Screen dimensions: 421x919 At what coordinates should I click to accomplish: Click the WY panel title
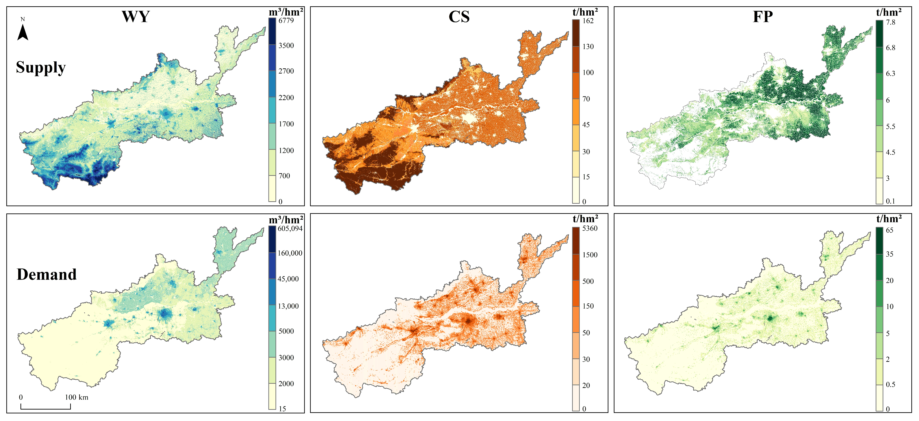tap(136, 17)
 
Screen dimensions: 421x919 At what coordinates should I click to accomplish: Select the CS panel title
tap(459, 17)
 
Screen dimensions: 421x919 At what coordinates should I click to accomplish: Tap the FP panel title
tap(762, 17)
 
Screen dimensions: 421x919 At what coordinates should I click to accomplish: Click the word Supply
tap(41, 67)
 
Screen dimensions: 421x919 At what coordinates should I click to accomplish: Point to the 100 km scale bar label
tap(76, 397)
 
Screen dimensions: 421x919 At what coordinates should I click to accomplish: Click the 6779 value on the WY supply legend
tap(286, 21)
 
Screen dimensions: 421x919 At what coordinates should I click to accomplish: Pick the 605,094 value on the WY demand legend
tap(290, 228)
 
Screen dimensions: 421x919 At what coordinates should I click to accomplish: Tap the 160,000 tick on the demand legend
tap(290, 253)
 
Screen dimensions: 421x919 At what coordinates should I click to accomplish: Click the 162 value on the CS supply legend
tap(588, 21)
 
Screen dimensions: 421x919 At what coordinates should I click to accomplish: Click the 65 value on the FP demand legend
tap(890, 230)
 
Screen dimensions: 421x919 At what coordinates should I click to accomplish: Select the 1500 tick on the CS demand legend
tap(590, 255)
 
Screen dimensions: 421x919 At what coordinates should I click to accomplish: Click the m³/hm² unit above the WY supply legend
tap(286, 12)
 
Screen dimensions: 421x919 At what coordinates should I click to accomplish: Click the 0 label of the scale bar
tap(21, 397)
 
